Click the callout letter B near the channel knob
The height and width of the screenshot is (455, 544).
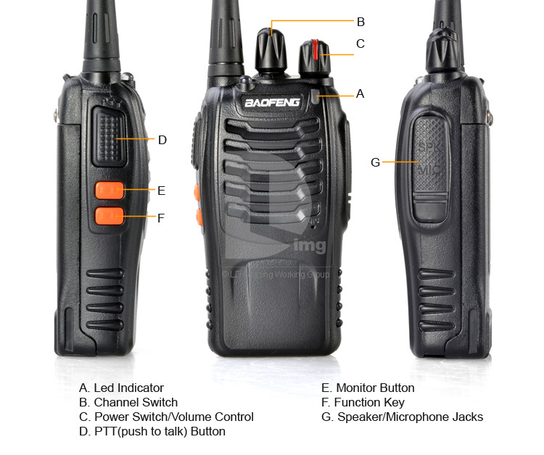(360, 22)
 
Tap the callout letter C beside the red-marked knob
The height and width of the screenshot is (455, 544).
(360, 44)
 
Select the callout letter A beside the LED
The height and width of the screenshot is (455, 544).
(360, 93)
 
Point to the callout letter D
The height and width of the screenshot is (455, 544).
(162, 140)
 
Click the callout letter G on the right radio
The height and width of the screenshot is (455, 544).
(375, 162)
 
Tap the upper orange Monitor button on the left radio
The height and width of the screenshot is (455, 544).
(108, 190)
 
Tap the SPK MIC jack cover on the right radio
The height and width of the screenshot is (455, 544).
(430, 168)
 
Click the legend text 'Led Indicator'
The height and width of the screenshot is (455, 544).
(128, 388)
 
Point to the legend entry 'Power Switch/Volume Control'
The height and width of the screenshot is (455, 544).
(173, 417)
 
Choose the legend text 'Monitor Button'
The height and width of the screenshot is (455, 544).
(375, 388)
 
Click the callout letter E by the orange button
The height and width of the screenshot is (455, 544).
(161, 191)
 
